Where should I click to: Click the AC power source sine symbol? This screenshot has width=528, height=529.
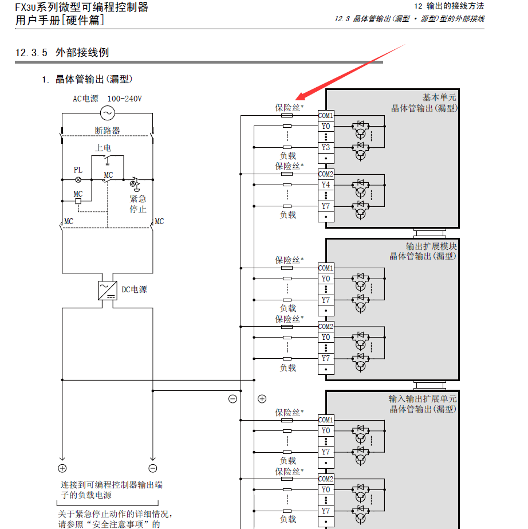(107, 113)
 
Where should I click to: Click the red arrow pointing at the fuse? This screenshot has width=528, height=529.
(350, 72)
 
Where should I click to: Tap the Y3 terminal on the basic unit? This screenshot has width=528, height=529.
(325, 147)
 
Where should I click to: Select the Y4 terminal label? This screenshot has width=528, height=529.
(325, 185)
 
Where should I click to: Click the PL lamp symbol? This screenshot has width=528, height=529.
(78, 179)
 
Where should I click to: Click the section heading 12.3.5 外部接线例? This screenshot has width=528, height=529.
(62, 53)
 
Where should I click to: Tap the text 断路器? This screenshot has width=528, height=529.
(107, 131)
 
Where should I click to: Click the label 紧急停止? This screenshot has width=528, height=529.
(138, 204)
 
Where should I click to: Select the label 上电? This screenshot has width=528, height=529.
(103, 148)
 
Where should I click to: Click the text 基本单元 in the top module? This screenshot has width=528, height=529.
(439, 97)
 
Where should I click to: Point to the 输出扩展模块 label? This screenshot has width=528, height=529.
(431, 246)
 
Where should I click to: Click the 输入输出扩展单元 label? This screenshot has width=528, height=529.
(423, 399)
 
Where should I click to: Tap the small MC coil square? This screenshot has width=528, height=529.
(78, 202)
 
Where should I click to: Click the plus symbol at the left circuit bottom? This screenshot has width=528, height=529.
(62, 468)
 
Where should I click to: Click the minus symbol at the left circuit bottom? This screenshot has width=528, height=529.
(152, 468)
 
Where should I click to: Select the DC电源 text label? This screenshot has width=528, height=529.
(134, 289)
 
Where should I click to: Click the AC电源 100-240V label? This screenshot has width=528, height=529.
(107, 99)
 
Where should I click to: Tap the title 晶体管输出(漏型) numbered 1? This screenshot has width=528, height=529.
(94, 79)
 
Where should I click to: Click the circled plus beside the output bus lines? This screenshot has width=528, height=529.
(262, 399)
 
